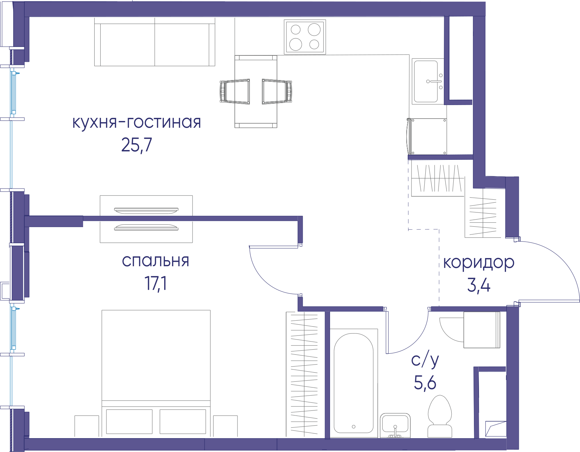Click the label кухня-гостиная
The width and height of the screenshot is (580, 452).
(x=136, y=122)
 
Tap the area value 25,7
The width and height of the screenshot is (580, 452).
(x=136, y=145)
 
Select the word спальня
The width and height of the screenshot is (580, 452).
(x=155, y=261)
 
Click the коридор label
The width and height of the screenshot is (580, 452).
(x=479, y=263)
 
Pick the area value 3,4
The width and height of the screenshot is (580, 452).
(x=479, y=285)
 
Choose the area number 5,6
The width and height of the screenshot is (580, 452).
(x=425, y=383)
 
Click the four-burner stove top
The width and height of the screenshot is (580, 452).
(x=305, y=37)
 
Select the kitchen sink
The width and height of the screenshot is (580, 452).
(x=428, y=81)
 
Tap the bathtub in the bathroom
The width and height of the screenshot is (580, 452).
(x=354, y=383)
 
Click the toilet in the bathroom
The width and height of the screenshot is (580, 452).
(x=440, y=417)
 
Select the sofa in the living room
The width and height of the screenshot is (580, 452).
(x=155, y=42)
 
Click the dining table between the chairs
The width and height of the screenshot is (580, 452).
(x=256, y=92)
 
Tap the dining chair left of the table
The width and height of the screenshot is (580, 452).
(x=235, y=91)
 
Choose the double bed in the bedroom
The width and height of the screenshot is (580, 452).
(x=156, y=373)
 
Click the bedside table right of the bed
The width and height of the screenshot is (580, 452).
(x=225, y=426)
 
